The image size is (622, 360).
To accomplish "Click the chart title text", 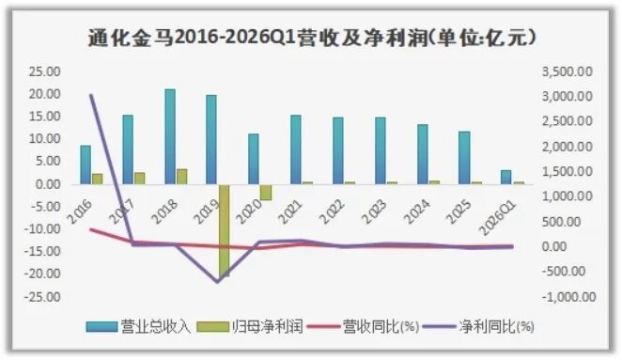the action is (x=312, y=39).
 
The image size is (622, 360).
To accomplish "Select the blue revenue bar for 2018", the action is (x=170, y=136).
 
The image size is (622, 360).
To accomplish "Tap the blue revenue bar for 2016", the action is (x=86, y=164).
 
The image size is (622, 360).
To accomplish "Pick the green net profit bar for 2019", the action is (x=225, y=230).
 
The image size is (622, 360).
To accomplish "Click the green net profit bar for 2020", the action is (x=266, y=192).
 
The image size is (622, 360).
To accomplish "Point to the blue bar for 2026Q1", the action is (x=505, y=177).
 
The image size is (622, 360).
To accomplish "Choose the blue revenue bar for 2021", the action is (x=296, y=149).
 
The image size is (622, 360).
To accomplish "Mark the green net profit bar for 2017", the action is (x=140, y=179).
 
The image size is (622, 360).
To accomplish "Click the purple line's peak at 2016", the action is (x=91, y=95).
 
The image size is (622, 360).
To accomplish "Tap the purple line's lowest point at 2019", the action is (x=217, y=282).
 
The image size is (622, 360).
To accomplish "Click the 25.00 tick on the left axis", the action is (x=44, y=71).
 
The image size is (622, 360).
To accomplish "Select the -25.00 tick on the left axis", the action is (x=42, y=297).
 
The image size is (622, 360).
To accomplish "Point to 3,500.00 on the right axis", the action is (x=568, y=71).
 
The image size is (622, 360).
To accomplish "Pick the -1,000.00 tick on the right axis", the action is (x=569, y=297).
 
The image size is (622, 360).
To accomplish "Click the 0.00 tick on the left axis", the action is (x=47, y=184).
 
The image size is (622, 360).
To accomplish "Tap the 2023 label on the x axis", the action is (x=374, y=211).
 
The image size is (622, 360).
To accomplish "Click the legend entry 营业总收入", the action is (x=139, y=326).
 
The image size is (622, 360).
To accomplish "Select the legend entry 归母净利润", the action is (x=251, y=326).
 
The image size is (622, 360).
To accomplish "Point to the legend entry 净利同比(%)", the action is (x=479, y=326).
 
